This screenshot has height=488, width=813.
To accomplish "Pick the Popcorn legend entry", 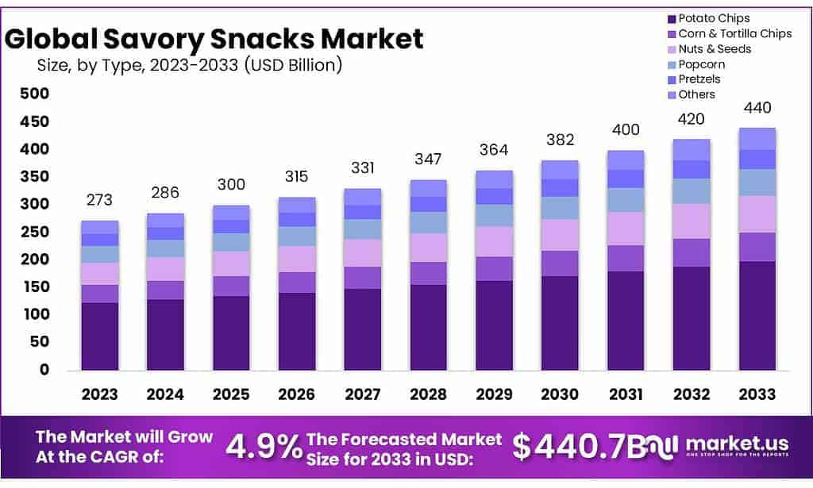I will pyautogui.click(x=701, y=64).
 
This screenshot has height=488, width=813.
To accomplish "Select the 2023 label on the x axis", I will pyautogui.click(x=99, y=394).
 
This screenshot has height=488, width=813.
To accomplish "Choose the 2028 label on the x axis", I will pyautogui.click(x=428, y=394).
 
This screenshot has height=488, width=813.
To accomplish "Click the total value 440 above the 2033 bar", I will pyautogui.click(x=757, y=108).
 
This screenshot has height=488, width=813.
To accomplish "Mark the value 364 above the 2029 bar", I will pyautogui.click(x=494, y=151).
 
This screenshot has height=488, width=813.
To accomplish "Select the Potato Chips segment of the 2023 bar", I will pyautogui.click(x=99, y=336).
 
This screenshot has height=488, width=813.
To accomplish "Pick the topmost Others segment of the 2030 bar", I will pyautogui.click(x=560, y=170).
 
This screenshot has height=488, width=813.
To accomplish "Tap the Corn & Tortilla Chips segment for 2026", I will pyautogui.click(x=296, y=282).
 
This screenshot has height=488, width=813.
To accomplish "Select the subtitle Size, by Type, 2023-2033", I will pyautogui.click(x=189, y=65).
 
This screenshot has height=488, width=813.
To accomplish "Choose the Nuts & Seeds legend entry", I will pyautogui.click(x=714, y=49).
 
